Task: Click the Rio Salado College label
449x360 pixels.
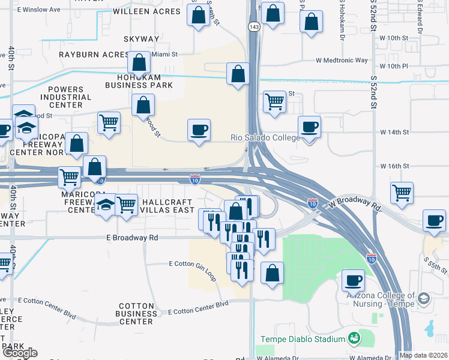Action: tap(265, 137)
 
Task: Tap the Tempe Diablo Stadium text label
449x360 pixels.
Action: tap(303, 339)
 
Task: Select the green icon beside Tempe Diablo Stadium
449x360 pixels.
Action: tap(354, 339)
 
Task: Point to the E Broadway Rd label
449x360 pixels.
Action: tap(132, 238)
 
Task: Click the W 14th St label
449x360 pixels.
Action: tap(394, 131)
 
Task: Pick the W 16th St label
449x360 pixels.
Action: tap(394, 166)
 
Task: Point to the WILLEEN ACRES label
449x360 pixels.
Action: tap(146, 11)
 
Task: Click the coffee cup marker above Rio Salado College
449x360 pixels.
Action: tap(309, 127)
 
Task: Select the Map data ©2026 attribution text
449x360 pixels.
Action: tap(423, 355)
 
